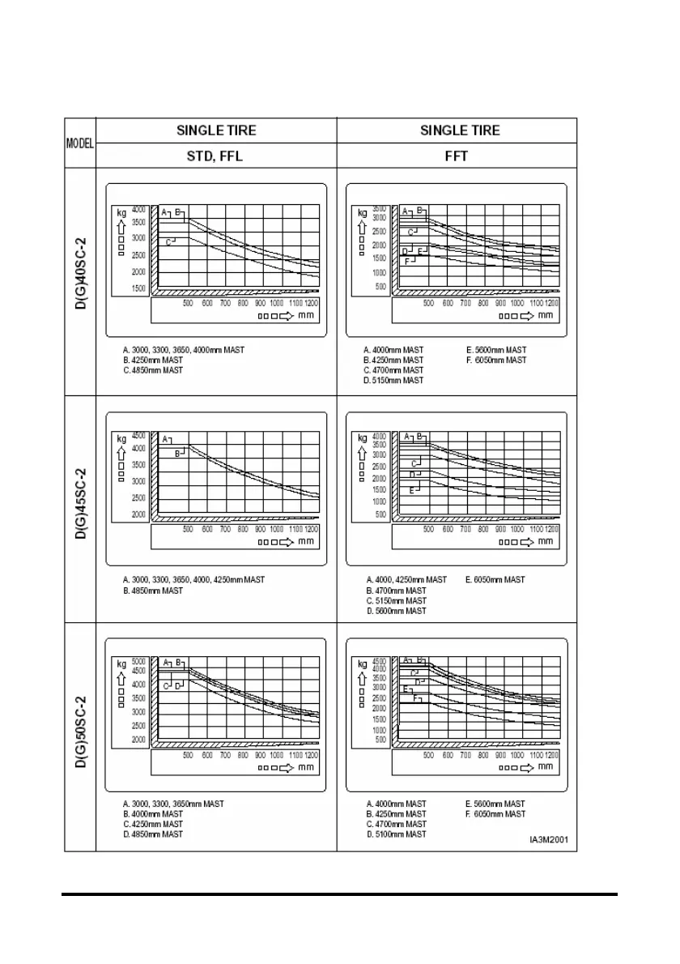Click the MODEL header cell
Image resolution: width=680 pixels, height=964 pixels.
pyautogui.click(x=80, y=143)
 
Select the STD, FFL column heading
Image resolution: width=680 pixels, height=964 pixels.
pyautogui.click(x=215, y=156)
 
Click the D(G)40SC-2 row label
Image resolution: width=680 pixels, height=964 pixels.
pyautogui.click(x=81, y=282)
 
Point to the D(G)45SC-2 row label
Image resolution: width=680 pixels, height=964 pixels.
pyautogui.click(x=81, y=509)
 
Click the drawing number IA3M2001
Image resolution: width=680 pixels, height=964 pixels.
pyautogui.click(x=549, y=840)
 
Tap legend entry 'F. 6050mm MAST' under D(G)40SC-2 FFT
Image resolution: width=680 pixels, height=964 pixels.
pyautogui.click(x=496, y=360)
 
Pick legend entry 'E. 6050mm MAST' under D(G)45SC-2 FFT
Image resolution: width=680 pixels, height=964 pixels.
pyautogui.click(x=495, y=580)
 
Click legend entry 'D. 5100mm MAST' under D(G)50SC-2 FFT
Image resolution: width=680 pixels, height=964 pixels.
pyautogui.click(x=394, y=834)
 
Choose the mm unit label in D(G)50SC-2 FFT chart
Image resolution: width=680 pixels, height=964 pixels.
pyautogui.click(x=546, y=766)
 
